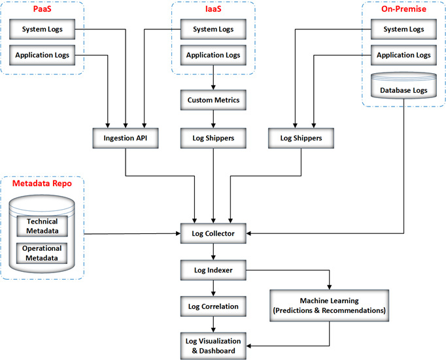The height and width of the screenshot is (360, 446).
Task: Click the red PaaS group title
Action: pyautogui.click(x=43, y=9)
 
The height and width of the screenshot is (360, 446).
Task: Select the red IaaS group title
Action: pyautogui.click(x=212, y=9)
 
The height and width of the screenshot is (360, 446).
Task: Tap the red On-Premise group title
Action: pyautogui.click(x=403, y=9)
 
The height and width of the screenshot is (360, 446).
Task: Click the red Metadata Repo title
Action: pyautogui.click(x=43, y=184)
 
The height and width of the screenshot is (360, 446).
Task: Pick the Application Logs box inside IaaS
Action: pyautogui.click(x=212, y=56)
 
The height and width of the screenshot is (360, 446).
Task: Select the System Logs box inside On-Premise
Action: pyautogui.click(x=403, y=29)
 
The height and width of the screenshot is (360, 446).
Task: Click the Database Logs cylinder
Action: pyautogui.click(x=403, y=89)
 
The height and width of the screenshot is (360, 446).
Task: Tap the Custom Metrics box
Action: pyautogui.click(x=213, y=101)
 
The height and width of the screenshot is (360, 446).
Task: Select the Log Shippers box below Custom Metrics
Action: pyautogui.click(x=213, y=139)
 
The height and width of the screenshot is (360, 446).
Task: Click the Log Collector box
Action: pyautogui.click(x=213, y=233)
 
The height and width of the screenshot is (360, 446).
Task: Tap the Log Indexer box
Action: pyautogui.click(x=213, y=269)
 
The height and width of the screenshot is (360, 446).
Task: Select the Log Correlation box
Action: pyautogui.click(x=213, y=306)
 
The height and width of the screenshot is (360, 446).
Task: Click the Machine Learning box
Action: pyautogui.click(x=328, y=305)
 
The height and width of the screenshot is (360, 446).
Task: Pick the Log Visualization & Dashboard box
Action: pyautogui.click(x=213, y=346)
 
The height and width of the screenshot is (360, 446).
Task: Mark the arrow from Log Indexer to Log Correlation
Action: pyautogui.click(x=213, y=287)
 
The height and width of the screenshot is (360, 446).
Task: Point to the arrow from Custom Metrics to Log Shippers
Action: pyautogui.click(x=213, y=120)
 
